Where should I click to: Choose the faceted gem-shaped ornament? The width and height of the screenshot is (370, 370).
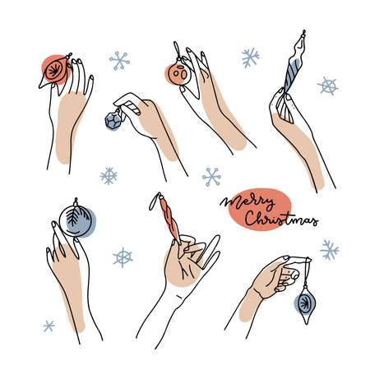pos(113,121)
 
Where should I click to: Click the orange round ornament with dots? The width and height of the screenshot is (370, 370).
pos(177,74)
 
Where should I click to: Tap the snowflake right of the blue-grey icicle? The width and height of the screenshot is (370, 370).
pos(327,86)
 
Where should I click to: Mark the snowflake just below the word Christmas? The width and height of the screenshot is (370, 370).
pos(330,249)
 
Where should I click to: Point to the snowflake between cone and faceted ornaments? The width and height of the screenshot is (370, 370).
pos(120,60)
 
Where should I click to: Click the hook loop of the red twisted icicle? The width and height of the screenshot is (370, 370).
pos(153,197)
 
